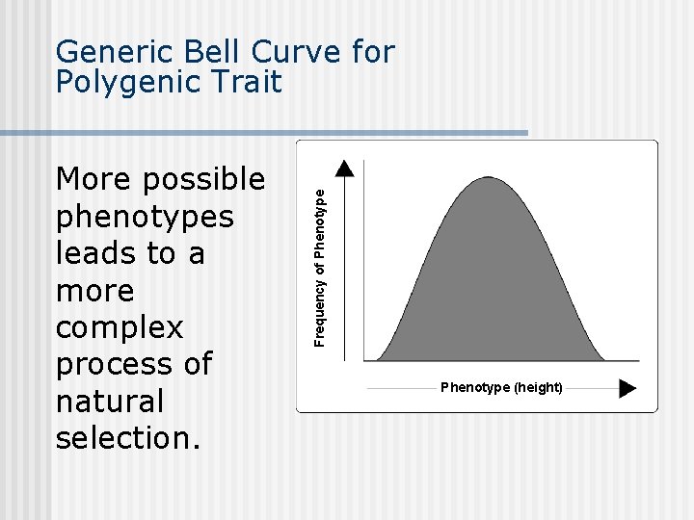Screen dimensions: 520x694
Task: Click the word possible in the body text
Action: pyautogui.click(x=205, y=180)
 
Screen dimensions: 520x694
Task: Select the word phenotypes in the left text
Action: pyautogui.click(x=145, y=217)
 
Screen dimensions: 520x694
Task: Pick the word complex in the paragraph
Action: pyautogui.click(x=119, y=327)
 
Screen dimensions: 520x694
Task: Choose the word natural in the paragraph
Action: pyautogui.click(x=110, y=401)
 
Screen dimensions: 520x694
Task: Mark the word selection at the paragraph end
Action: pyautogui.click(x=128, y=437)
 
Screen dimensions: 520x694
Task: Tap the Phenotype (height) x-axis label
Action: pyautogui.click(x=501, y=387)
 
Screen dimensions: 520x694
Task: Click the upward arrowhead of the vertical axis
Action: pyautogui.click(x=345, y=169)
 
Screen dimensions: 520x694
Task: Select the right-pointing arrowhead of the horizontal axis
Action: pyautogui.click(x=627, y=388)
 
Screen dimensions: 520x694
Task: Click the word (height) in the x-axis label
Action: pyautogui.click(x=538, y=387)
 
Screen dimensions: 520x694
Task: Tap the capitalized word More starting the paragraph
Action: pyautogui.click(x=93, y=180)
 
